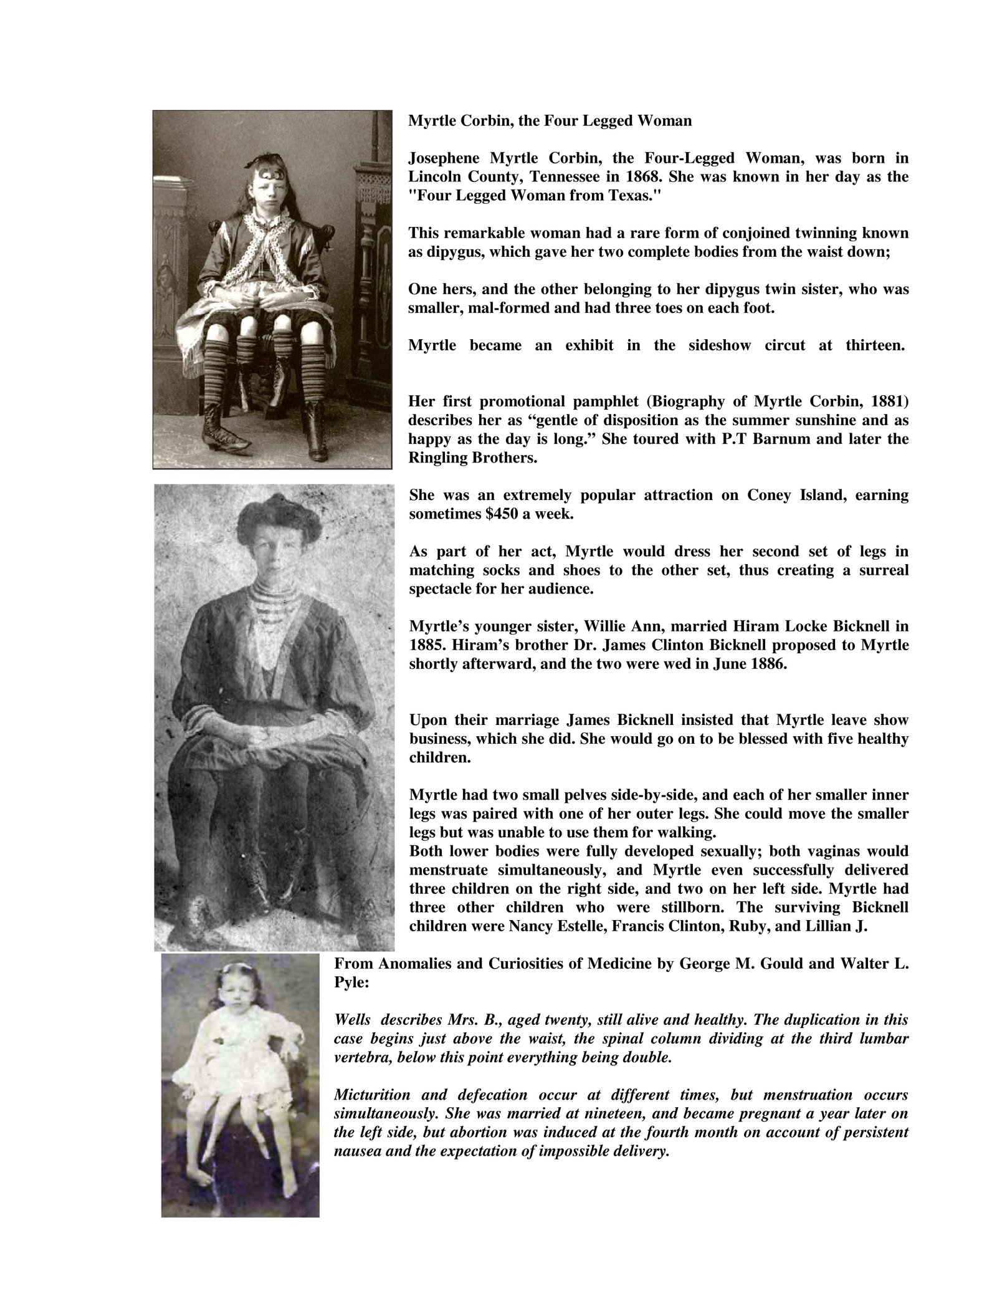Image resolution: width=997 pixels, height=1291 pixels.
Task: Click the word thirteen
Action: pos(875,345)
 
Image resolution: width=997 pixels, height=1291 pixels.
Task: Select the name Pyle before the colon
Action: pos(347,982)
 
